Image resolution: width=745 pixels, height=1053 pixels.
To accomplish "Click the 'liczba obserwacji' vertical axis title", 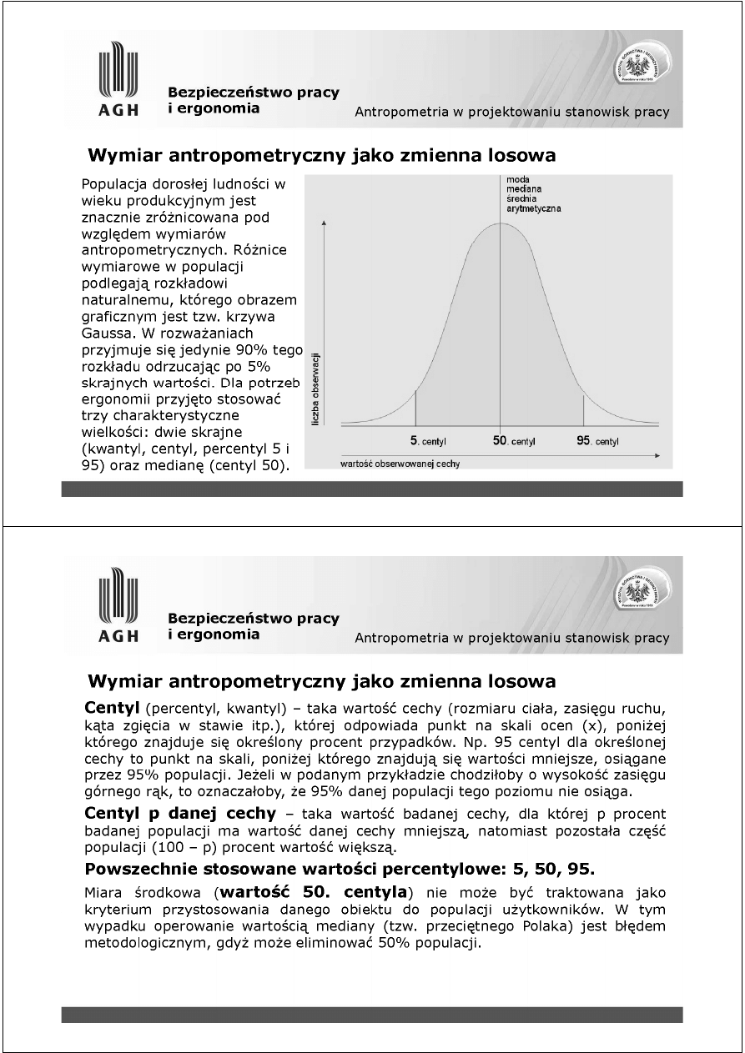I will (316, 389).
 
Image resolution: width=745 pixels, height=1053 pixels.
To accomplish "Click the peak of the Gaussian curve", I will (501, 221).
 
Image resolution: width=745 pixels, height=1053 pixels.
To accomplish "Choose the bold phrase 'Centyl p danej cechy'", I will (180, 813).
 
